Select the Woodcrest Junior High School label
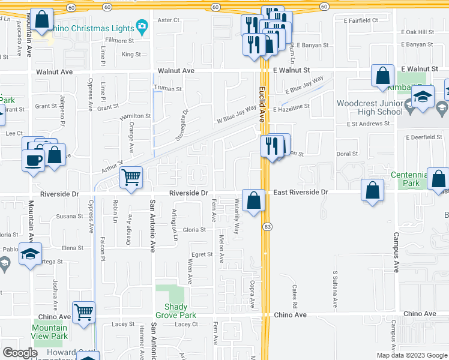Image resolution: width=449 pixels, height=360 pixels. click(369, 107)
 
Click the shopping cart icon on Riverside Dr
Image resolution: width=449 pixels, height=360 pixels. click(131, 178)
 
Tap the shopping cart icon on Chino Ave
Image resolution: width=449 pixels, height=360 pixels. click(84, 312)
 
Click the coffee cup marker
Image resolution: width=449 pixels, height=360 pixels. click(33, 160)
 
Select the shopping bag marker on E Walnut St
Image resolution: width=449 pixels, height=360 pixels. click(382, 76)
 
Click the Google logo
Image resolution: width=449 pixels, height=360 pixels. click(20, 352)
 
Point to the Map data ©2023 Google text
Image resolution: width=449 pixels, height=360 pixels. click(411, 355)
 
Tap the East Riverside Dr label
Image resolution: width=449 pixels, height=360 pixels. click(301, 193)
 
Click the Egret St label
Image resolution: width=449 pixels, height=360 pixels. click(202, 254)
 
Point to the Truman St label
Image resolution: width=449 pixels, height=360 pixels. click(169, 89)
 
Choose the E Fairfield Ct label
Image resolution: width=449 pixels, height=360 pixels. click(361, 20)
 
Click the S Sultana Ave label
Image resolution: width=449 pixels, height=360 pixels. click(335, 289)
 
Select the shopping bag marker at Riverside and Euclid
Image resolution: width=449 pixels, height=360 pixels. click(253, 200)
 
